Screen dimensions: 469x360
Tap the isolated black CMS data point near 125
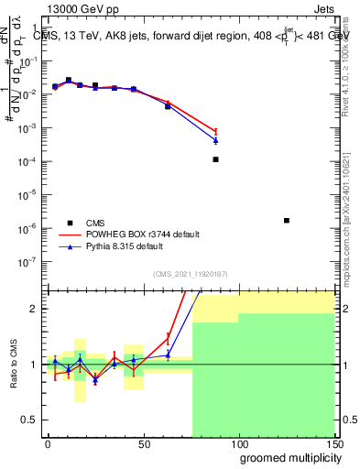(x=287, y=220)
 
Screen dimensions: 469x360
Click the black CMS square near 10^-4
(x=215, y=159)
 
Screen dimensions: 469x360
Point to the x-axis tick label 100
(x=238, y=443)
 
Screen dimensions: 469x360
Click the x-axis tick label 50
(x=143, y=443)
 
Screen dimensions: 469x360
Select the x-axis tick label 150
(x=333, y=443)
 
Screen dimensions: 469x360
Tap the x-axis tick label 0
(x=48, y=443)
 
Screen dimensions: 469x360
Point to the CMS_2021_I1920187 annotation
(x=190, y=274)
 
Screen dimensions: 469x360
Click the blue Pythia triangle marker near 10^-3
(x=215, y=140)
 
